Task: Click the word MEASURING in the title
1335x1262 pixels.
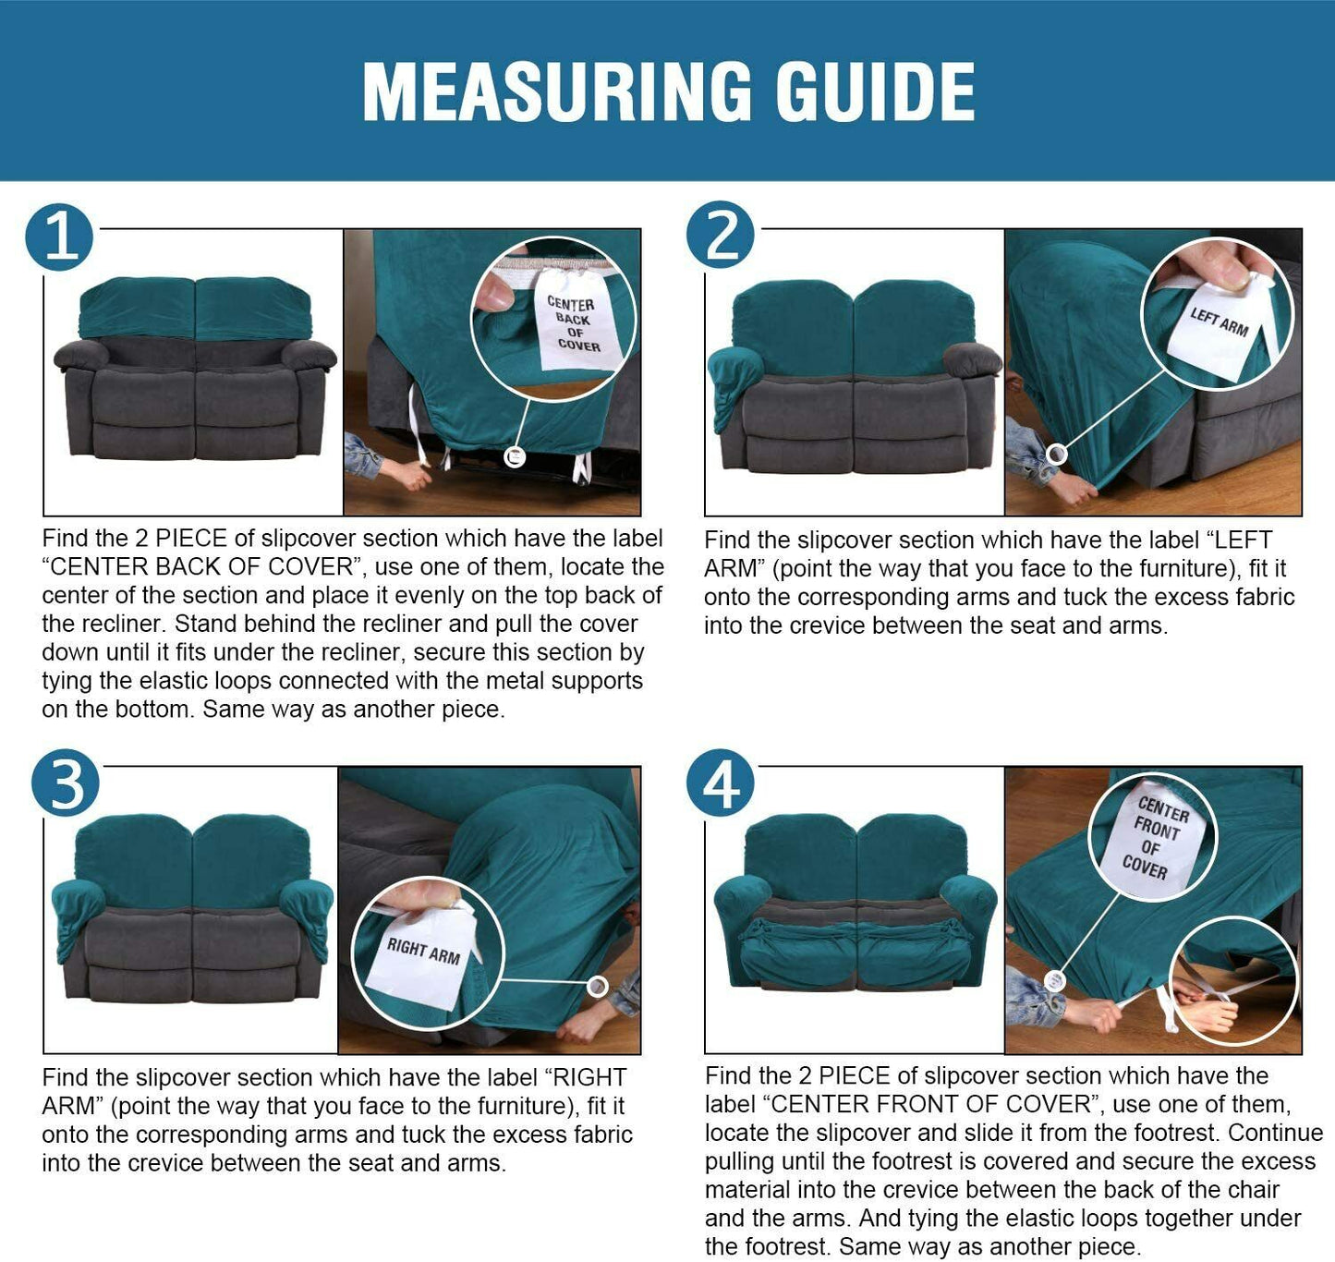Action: [557, 91]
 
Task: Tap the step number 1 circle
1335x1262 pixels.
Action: [59, 237]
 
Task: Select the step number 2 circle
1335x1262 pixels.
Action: [720, 235]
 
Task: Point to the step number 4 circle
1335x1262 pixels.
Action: [720, 783]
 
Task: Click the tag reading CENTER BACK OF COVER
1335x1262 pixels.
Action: [576, 321]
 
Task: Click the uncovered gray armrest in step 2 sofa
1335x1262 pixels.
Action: [972, 359]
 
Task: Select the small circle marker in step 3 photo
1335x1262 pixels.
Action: [598, 987]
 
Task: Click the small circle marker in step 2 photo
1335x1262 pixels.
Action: [1056, 455]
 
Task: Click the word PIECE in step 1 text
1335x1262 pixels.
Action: [191, 538]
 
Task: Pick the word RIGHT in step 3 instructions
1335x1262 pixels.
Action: [590, 1077]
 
